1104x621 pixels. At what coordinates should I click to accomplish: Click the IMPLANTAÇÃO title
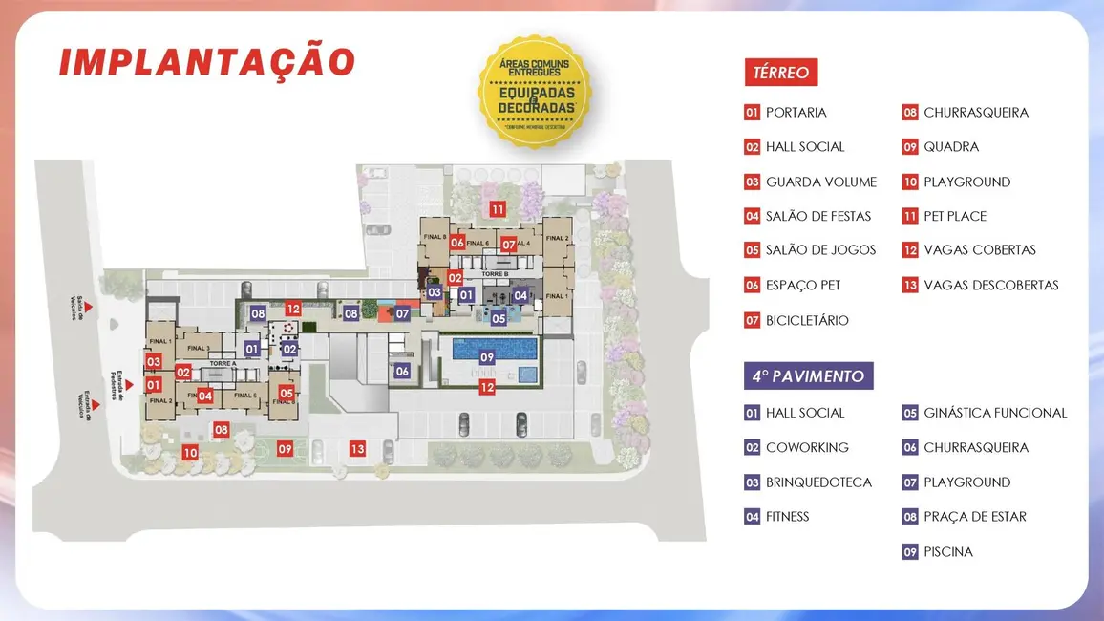[x=207, y=61]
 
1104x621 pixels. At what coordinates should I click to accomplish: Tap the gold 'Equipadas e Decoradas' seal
[x=535, y=92]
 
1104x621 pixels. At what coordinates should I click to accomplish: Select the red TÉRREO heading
[x=780, y=72]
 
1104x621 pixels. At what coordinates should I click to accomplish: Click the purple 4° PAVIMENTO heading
[x=808, y=375]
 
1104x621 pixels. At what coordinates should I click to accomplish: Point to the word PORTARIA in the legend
[x=796, y=113]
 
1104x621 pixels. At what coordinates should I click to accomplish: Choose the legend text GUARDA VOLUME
[x=820, y=182]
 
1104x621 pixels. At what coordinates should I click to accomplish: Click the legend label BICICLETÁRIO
[x=807, y=320]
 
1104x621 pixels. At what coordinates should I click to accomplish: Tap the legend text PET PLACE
[x=955, y=216]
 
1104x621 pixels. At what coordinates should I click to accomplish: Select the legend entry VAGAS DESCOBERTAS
[x=991, y=285]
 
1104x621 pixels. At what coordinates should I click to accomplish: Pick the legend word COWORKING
[x=807, y=447]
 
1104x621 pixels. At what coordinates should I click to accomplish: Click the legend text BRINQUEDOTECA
[x=818, y=482]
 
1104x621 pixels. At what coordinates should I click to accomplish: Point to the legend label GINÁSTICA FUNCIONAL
[x=995, y=413]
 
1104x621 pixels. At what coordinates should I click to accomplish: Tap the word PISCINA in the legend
[x=948, y=551]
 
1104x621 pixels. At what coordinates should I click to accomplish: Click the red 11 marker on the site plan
[x=498, y=209]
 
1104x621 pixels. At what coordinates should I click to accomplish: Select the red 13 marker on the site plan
[x=357, y=448]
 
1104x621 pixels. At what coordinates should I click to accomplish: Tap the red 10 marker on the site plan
[x=190, y=453]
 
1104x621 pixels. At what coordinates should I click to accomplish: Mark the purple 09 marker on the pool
[x=487, y=357]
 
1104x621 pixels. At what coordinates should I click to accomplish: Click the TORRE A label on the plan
[x=222, y=364]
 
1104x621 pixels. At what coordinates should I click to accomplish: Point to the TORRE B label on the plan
[x=495, y=274]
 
